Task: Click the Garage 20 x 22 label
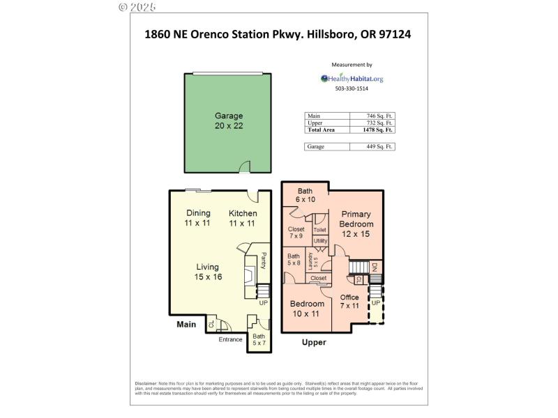(x=229, y=121)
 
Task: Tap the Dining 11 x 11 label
(x=197, y=218)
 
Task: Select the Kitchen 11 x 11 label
(x=243, y=218)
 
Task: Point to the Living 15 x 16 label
(x=207, y=272)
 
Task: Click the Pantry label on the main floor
(x=264, y=261)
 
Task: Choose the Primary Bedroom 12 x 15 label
(x=356, y=224)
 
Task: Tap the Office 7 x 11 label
(x=349, y=302)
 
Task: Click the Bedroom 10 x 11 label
(x=307, y=309)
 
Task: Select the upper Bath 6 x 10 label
(x=306, y=195)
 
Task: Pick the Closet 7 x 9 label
(x=296, y=233)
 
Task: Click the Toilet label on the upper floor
(x=319, y=229)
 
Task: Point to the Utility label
(x=320, y=241)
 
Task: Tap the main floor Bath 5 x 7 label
(x=259, y=340)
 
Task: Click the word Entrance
(x=230, y=339)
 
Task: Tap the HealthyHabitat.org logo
(x=352, y=79)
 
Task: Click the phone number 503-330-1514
(x=352, y=89)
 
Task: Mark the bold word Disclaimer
(x=146, y=384)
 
